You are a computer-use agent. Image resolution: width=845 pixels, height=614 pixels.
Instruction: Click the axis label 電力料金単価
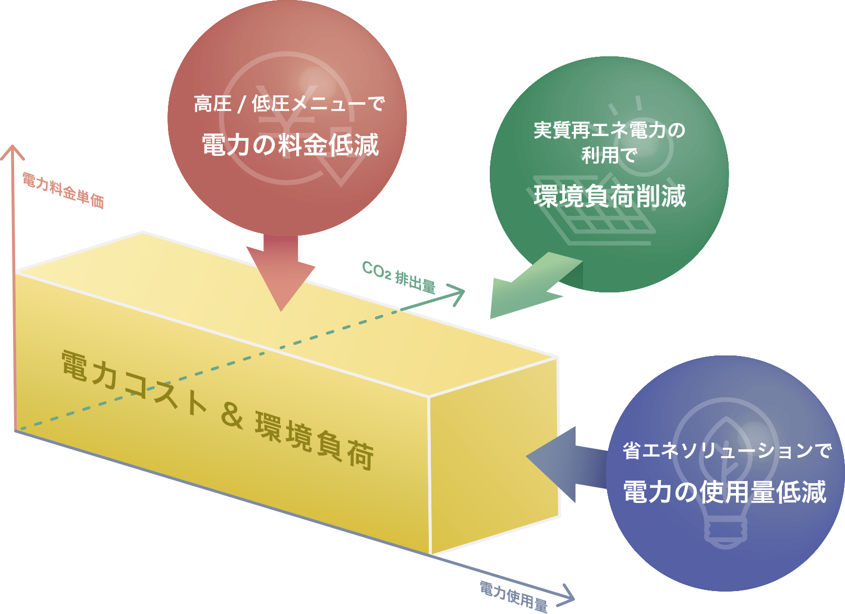63,191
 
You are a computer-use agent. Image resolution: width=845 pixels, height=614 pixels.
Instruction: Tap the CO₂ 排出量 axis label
399,277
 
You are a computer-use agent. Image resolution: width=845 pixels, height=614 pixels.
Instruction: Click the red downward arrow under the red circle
281,271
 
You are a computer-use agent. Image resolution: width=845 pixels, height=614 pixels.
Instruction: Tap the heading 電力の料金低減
290,145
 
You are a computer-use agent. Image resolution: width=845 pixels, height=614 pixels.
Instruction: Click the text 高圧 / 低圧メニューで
289,104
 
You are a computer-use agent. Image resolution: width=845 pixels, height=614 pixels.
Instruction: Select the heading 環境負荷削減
610,196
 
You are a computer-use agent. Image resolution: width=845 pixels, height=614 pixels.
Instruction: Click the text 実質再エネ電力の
609,130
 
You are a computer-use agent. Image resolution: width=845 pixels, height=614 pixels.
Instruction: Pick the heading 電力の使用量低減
725,492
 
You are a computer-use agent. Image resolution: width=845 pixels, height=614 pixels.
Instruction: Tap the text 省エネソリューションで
727,451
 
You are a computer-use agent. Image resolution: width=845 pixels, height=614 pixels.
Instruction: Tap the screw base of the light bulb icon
725,532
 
